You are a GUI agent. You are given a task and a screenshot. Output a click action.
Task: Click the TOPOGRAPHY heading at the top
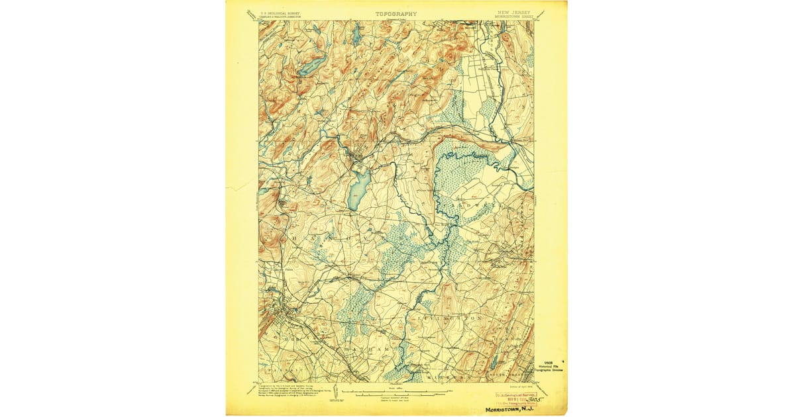[396, 13]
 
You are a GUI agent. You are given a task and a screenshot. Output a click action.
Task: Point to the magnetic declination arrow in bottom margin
[335, 391]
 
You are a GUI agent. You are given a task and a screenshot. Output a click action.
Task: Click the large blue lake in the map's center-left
[358, 189]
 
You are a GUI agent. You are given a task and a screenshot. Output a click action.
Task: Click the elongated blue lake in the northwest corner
[311, 65]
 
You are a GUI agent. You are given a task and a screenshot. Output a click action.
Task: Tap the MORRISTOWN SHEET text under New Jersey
[514, 17]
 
